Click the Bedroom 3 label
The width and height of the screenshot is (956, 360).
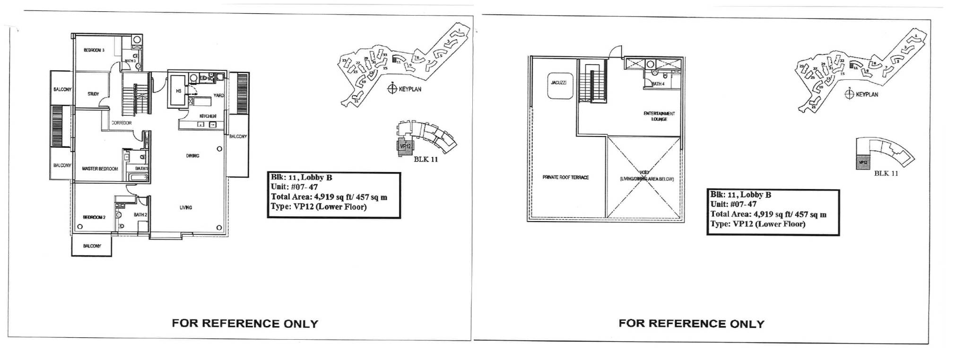tap(94, 50)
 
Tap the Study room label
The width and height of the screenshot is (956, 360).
tap(93, 94)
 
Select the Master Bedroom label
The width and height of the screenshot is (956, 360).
tap(100, 169)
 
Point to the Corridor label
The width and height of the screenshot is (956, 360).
tap(122, 123)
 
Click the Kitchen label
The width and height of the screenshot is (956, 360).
tap(208, 116)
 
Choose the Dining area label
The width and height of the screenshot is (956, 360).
tap(192, 155)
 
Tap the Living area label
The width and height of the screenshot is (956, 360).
tap(186, 207)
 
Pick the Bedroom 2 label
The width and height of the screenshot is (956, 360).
tap(94, 217)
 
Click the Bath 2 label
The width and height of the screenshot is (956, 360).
tap(140, 214)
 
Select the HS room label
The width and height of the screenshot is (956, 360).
tap(179, 91)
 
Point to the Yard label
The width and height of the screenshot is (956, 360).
tap(218, 95)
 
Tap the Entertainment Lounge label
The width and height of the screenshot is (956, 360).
tap(659, 116)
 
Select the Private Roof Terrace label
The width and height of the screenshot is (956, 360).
tap(565, 178)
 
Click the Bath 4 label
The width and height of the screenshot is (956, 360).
tap(658, 84)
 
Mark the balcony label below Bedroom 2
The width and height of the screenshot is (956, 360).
tap(92, 246)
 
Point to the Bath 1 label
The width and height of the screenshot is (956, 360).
tap(141, 168)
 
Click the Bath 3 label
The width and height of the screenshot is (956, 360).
tap(130, 61)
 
